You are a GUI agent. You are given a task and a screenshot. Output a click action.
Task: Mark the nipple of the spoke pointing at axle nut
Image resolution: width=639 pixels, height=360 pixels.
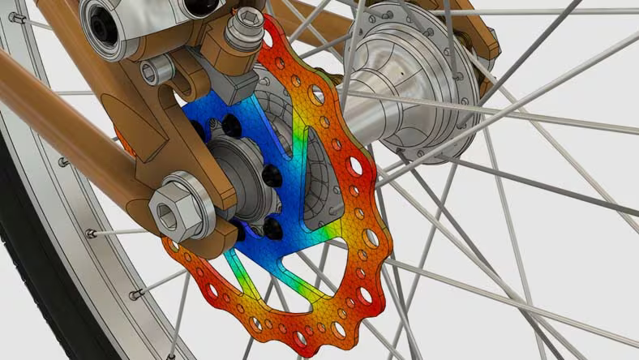pos(92,234)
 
